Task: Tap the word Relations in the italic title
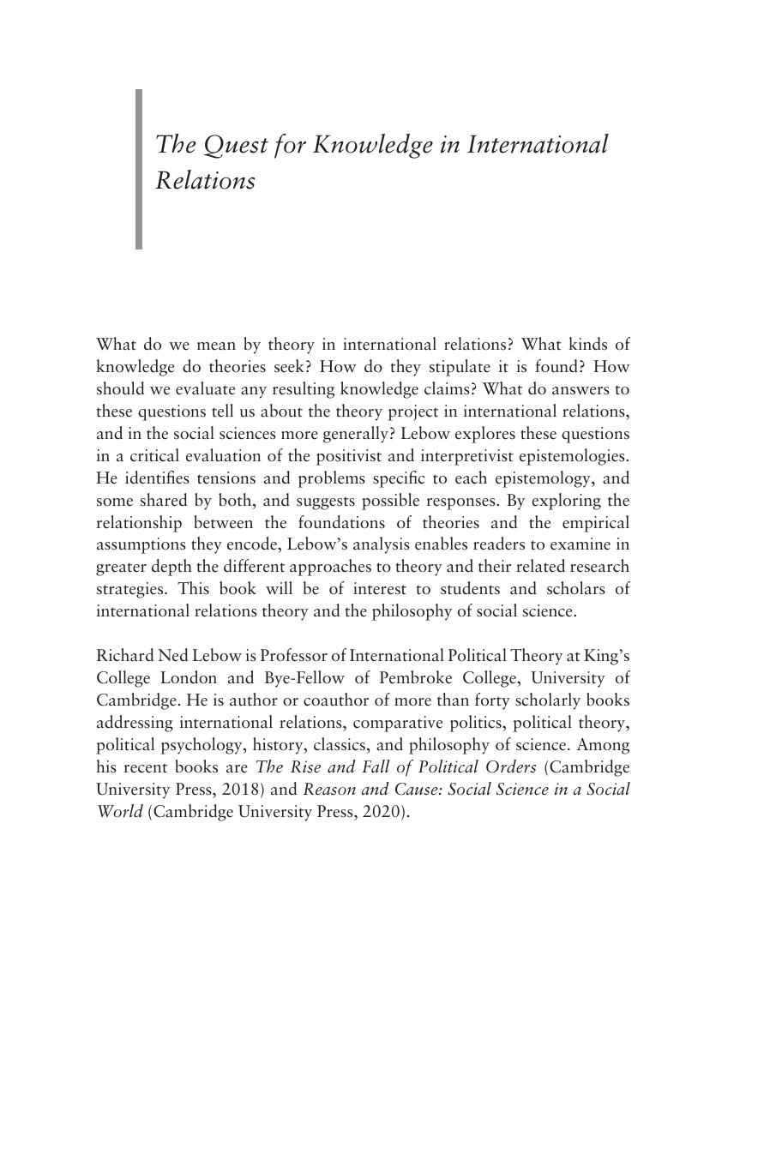[206, 181]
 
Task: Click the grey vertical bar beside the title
[139, 169]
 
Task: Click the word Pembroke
[416, 678]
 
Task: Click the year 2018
[241, 790]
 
